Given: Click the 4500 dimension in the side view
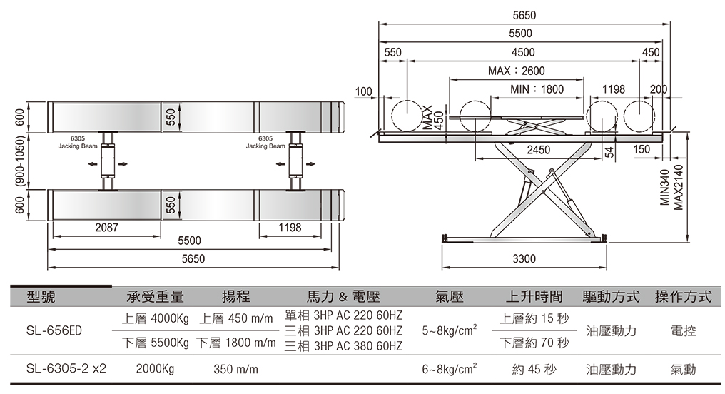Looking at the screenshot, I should [x=523, y=52].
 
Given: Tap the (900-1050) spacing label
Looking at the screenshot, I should [x=21, y=161].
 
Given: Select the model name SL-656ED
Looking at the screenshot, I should [x=54, y=330].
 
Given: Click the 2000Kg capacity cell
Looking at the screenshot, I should [x=155, y=369].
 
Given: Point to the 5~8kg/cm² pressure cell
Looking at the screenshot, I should [x=450, y=330].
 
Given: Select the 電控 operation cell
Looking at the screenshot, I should [x=684, y=330].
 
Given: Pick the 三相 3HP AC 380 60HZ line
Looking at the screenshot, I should [x=343, y=346].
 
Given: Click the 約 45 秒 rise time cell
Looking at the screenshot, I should [x=534, y=369].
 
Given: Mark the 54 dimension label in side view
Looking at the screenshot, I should [x=609, y=151].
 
